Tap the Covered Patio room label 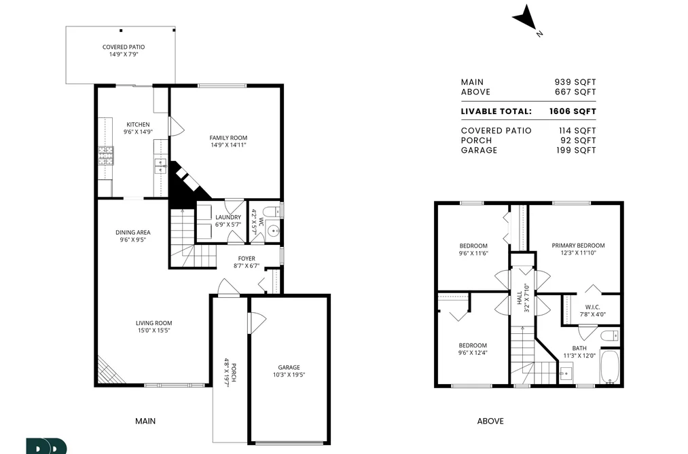coord(124,50)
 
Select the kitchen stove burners coord(106,155)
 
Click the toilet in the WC coord(273,212)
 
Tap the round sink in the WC coord(274,231)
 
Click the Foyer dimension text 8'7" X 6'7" coord(247,265)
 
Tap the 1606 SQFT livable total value coord(573,111)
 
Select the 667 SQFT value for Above coord(575,92)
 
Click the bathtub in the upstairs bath coord(609,366)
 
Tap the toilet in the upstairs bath coord(609,336)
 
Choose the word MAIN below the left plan coord(145,421)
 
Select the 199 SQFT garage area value coord(576,150)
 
